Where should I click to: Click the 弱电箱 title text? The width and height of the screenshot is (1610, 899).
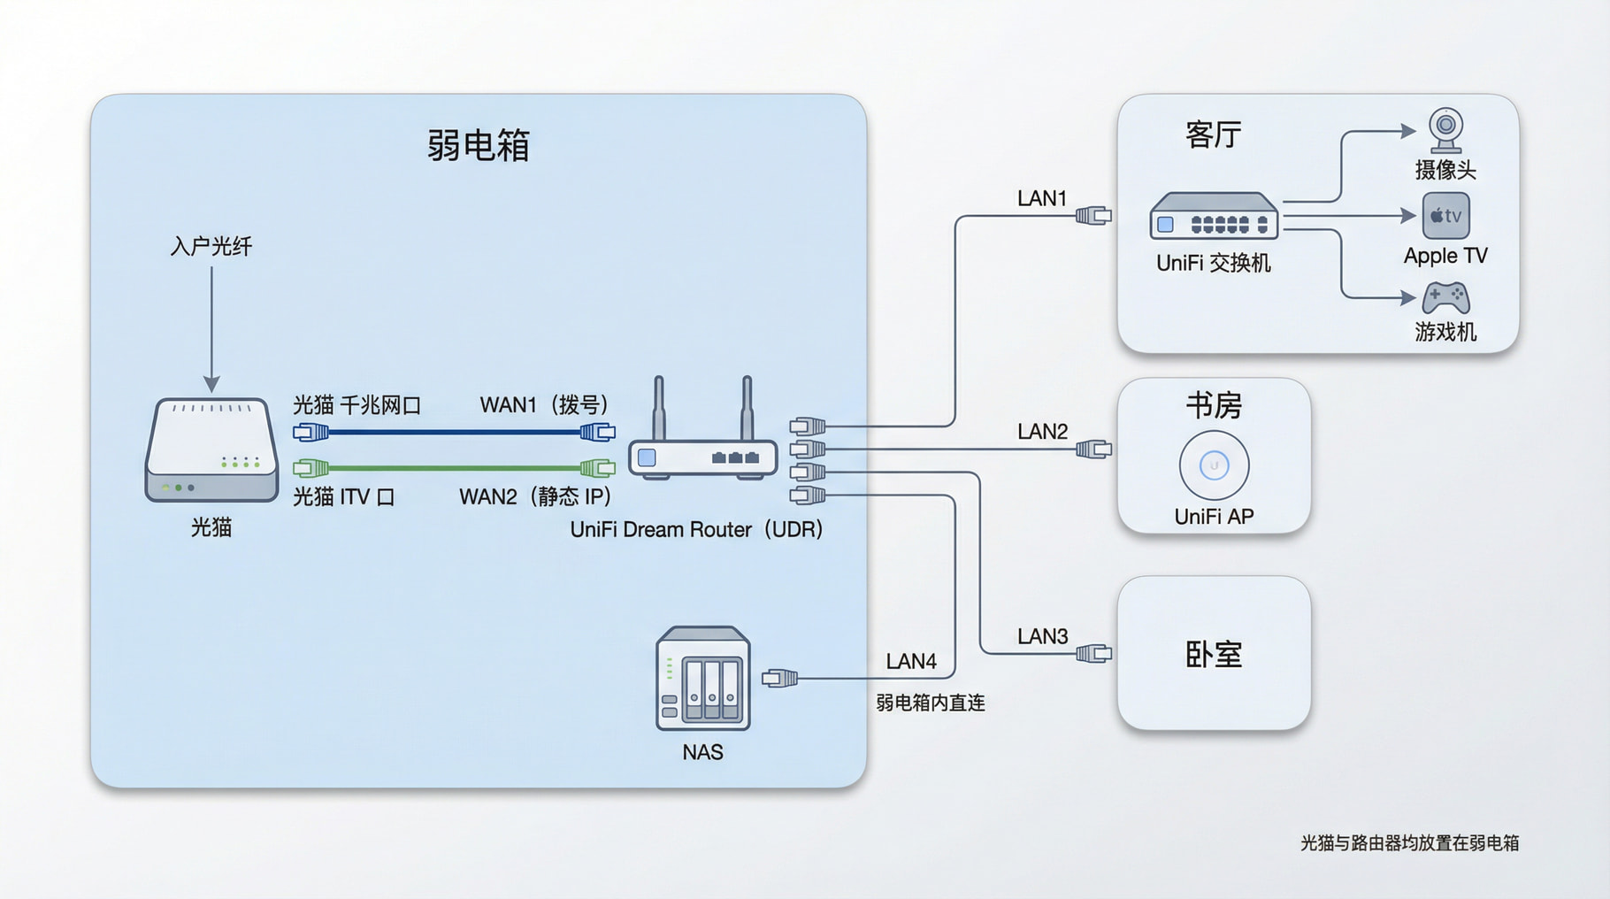478,145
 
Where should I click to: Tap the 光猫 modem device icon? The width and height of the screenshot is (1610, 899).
211,450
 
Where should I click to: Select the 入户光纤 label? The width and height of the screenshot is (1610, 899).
211,246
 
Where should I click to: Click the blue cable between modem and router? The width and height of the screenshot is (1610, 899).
454,433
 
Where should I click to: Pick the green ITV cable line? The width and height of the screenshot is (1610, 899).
454,467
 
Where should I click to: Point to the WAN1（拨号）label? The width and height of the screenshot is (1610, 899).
544,404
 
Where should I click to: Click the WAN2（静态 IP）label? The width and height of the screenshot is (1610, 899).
535,496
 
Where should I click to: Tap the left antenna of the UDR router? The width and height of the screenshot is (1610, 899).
659,407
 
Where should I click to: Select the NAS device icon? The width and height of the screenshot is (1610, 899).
703,679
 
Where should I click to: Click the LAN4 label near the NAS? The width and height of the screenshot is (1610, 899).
910,661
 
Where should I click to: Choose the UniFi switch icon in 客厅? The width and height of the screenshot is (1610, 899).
1214,217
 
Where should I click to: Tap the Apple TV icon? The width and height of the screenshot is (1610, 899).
1445,216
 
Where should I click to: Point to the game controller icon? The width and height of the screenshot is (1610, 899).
1445,298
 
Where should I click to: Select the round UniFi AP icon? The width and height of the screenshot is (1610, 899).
1214,465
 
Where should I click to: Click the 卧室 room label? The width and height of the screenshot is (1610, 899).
1214,655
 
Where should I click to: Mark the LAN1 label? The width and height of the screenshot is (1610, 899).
1042,198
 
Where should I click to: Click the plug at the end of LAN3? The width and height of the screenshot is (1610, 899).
1094,654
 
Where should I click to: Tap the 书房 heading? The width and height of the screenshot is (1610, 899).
1214,406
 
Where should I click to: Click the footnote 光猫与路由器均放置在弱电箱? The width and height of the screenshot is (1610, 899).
1409,843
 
